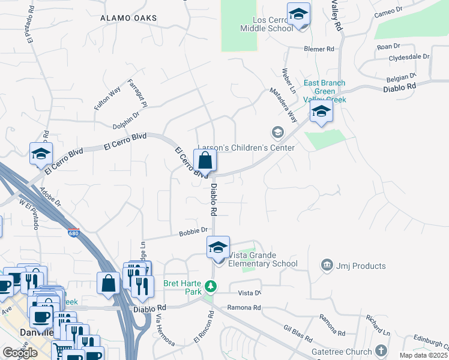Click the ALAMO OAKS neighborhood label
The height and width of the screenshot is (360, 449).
click(x=128, y=19)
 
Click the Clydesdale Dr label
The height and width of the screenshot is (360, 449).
click(x=409, y=57)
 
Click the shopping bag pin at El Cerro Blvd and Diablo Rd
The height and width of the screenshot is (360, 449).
click(x=205, y=161)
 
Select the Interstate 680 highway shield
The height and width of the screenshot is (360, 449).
click(x=73, y=233)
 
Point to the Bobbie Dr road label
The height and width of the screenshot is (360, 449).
click(x=193, y=230)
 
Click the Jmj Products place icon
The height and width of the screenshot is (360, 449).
click(x=327, y=265)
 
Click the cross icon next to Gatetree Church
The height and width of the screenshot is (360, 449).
click(x=381, y=350)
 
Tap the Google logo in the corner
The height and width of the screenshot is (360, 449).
click(x=20, y=352)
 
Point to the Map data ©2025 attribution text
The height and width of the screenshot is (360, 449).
click(x=424, y=355)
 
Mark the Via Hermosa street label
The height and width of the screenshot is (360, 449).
click(x=165, y=330)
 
